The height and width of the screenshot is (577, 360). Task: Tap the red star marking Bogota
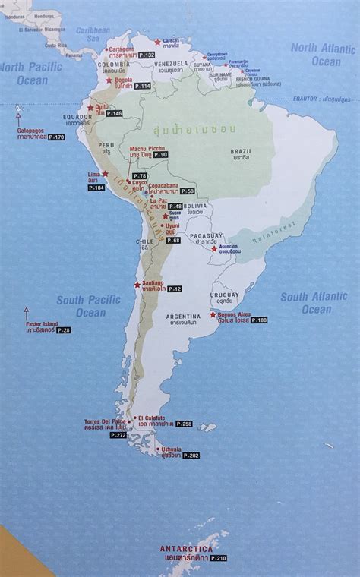pos(109,80)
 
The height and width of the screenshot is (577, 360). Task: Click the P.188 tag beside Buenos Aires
pos(260,320)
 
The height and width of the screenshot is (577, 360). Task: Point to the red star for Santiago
pos(137,285)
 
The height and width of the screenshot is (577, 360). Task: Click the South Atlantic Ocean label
pos(316,303)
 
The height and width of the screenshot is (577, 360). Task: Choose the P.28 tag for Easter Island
pos(63,330)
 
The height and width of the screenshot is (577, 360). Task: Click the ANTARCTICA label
pos(186,548)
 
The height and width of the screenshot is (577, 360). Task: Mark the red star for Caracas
pos(158,42)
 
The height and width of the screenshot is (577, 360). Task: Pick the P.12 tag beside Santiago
pos(175,288)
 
